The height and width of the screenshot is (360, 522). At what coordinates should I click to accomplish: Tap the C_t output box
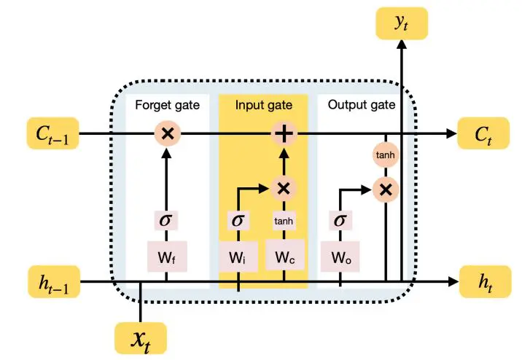(481, 134)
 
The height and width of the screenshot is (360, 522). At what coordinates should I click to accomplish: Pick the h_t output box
(481, 282)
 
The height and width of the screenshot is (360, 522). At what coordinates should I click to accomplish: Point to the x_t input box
(141, 338)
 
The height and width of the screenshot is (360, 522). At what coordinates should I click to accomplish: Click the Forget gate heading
(168, 105)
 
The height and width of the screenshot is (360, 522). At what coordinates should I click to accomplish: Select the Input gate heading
(265, 105)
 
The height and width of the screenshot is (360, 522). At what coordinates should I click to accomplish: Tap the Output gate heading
(362, 105)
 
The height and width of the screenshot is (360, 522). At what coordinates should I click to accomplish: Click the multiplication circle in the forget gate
(168, 134)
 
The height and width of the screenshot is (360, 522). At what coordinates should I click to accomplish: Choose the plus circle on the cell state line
(284, 134)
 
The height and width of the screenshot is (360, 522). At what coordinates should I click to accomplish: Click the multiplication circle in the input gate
(284, 188)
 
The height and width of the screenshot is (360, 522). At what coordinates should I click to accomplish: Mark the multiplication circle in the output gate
(386, 189)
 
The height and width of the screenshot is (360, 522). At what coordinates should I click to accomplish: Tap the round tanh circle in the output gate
(386, 154)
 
